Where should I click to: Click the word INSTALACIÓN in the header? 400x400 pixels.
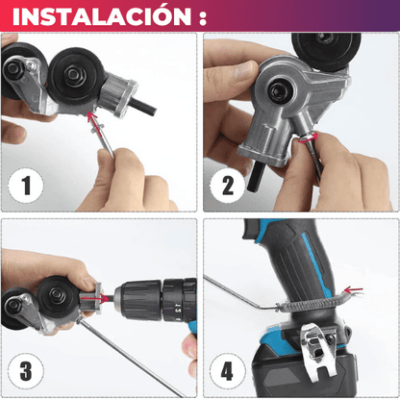click(x=102, y=16)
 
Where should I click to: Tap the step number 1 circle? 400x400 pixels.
click(x=26, y=185)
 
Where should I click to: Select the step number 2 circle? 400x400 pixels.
click(x=227, y=185)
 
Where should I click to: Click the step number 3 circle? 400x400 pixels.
click(x=26, y=371)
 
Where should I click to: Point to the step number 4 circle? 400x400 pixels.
click(x=227, y=371)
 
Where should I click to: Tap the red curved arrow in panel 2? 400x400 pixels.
click(x=309, y=138)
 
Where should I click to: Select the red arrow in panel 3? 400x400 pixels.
click(x=92, y=298)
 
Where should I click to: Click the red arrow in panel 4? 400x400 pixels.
click(x=354, y=290)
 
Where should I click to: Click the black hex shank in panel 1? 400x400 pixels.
click(x=144, y=107)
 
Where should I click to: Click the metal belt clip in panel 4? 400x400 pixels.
click(x=319, y=352)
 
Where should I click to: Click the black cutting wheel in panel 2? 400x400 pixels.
click(x=326, y=47)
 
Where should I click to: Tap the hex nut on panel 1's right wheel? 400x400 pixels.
click(x=74, y=74)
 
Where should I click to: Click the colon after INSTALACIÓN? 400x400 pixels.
click(x=202, y=18)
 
